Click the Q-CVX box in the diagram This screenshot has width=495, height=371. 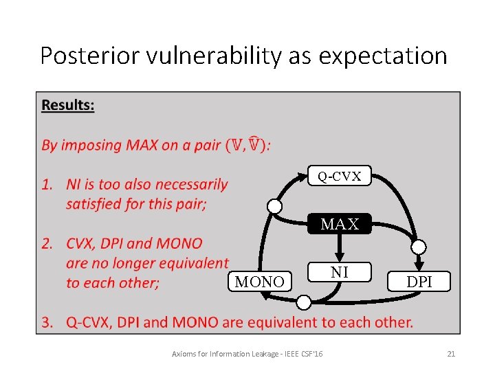[x=339, y=177]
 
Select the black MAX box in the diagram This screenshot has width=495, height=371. [x=340, y=224]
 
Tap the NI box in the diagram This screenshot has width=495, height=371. [x=339, y=273]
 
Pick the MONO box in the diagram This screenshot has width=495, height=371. [x=259, y=282]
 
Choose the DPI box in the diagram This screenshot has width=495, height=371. [x=419, y=282]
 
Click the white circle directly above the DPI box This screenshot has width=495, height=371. [x=419, y=246]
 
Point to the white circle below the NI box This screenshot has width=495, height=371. [x=303, y=302]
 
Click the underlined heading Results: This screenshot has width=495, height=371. [x=68, y=105]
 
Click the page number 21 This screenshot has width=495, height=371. [x=451, y=354]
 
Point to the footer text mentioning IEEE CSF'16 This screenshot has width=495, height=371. [x=248, y=354]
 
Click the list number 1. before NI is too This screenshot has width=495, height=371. [x=47, y=184]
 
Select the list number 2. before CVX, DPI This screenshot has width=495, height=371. [x=47, y=243]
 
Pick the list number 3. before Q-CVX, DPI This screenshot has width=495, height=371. [x=47, y=322]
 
